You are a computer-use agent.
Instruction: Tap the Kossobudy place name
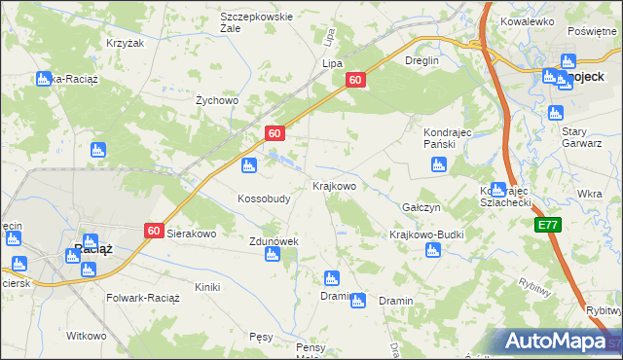tap(264, 198)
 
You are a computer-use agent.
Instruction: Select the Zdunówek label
tap(273, 240)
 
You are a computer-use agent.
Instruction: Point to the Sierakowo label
tap(192, 234)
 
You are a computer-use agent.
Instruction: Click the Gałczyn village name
tap(421, 207)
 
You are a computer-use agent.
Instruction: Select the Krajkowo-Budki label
tap(426, 234)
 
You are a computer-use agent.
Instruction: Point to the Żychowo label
tap(217, 99)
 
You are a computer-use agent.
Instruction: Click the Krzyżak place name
tap(125, 44)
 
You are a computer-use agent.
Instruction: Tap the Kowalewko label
tap(527, 20)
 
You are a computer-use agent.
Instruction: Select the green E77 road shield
tap(549, 225)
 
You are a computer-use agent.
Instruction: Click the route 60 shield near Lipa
tap(355, 81)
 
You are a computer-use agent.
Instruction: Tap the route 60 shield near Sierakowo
tap(154, 231)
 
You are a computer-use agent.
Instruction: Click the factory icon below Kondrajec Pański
tap(440, 164)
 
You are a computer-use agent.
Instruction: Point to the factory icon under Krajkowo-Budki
tap(433, 251)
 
